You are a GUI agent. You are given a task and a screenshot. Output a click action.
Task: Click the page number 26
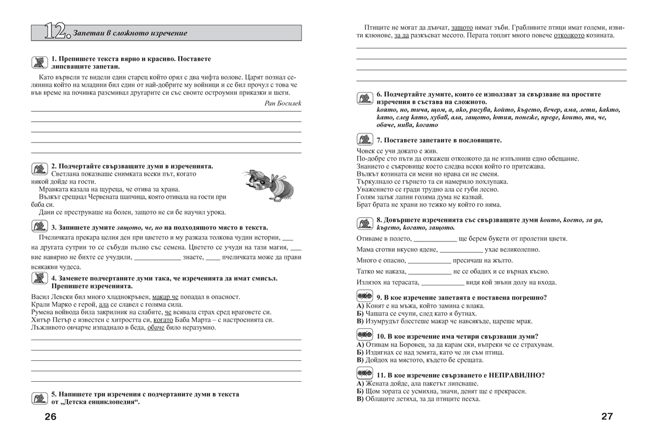coord(50,417)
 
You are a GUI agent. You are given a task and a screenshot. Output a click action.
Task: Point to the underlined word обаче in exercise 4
coord(157,328)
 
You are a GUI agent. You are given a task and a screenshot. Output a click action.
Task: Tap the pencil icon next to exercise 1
coord(38,61)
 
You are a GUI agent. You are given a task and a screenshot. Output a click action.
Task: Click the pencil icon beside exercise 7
coord(365,140)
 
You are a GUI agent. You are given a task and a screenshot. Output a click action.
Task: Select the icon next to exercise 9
coord(365,297)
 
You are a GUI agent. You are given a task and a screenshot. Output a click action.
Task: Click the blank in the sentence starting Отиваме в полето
coord(434,239)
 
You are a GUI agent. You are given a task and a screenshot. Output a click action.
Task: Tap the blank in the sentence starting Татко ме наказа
coord(429,272)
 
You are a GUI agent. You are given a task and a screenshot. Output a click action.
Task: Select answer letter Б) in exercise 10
coord(360,352)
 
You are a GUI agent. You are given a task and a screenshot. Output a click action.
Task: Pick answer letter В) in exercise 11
coord(360,399)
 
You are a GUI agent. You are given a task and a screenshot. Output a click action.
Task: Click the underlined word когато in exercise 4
coord(163,320)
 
